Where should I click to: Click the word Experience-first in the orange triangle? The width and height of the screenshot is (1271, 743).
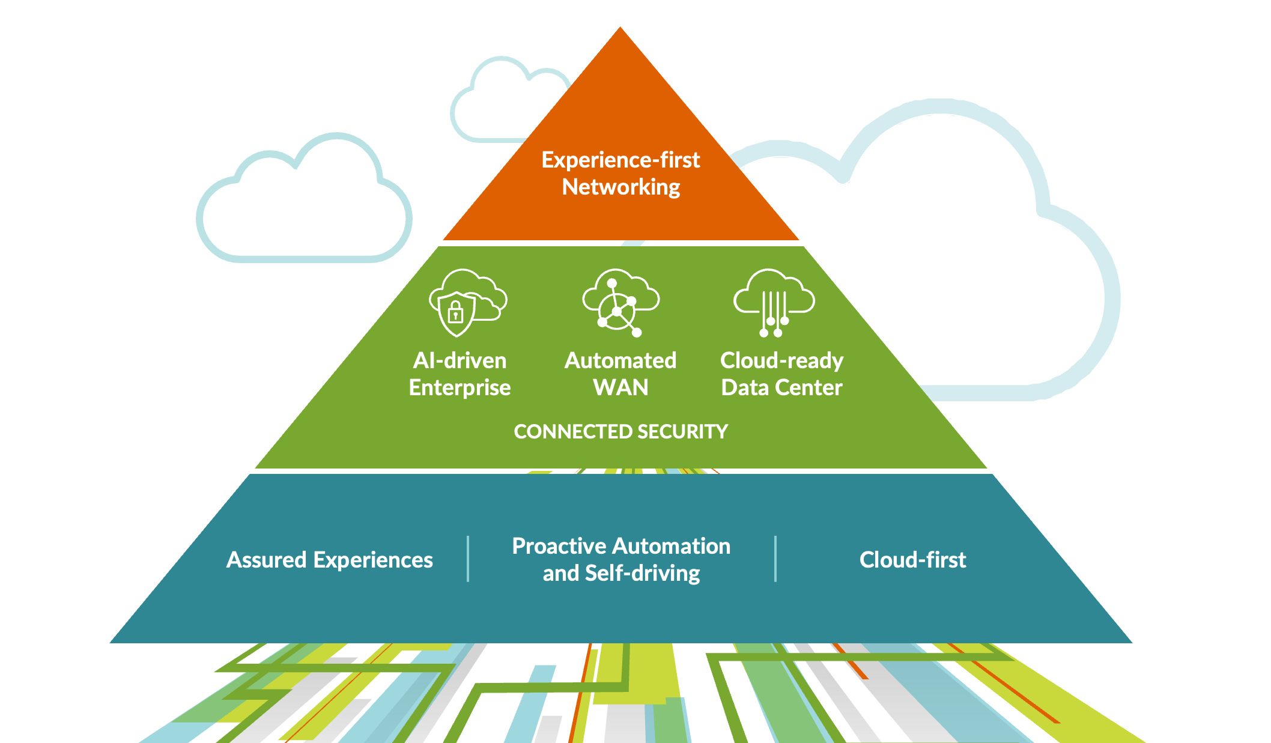[620, 160]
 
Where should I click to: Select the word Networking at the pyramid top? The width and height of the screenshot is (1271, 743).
[620, 187]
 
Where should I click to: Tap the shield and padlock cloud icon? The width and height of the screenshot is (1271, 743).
[466, 302]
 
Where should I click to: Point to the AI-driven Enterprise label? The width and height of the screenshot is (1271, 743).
[460, 374]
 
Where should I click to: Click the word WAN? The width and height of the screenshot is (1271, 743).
[620, 387]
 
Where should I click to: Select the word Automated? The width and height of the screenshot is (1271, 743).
[620, 360]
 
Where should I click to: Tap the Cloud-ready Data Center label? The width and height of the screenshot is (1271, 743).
[781, 374]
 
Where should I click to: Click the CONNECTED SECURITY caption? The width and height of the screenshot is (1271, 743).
[620, 431]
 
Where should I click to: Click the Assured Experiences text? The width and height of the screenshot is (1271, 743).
[329, 560]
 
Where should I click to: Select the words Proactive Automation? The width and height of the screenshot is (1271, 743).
[621, 546]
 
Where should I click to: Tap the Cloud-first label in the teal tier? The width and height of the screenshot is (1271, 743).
[912, 560]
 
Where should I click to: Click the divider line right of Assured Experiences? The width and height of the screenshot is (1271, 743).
[468, 559]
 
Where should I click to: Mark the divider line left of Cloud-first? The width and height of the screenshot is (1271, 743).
[775, 559]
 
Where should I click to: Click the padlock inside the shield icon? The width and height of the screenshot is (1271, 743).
[455, 312]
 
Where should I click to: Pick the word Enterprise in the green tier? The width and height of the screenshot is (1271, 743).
[460, 387]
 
